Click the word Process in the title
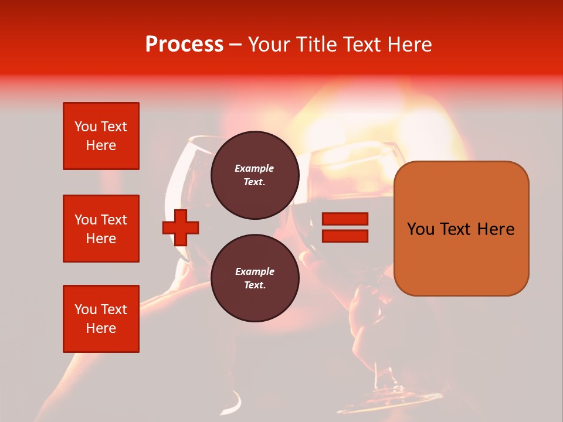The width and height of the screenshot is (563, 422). click(184, 45)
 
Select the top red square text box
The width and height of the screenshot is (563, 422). click(101, 136)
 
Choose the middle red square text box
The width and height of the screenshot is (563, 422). click(101, 229)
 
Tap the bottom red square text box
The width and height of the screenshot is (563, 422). click(101, 319)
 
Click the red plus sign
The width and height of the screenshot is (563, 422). click(181, 227)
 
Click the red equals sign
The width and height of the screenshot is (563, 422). click(345, 227)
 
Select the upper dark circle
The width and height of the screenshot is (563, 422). click(255, 175)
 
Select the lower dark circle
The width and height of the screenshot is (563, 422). click(255, 278)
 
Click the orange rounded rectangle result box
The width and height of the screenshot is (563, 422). click(461, 229)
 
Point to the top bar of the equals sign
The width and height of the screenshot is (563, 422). click(345, 219)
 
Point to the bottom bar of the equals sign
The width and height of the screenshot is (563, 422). click(345, 236)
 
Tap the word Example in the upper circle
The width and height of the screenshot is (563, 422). click(255, 168)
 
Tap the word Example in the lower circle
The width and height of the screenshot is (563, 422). click(255, 271)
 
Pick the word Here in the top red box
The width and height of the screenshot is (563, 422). click(101, 145)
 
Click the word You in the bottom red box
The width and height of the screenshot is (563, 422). click(85, 309)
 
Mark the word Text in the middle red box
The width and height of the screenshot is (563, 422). click(113, 220)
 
